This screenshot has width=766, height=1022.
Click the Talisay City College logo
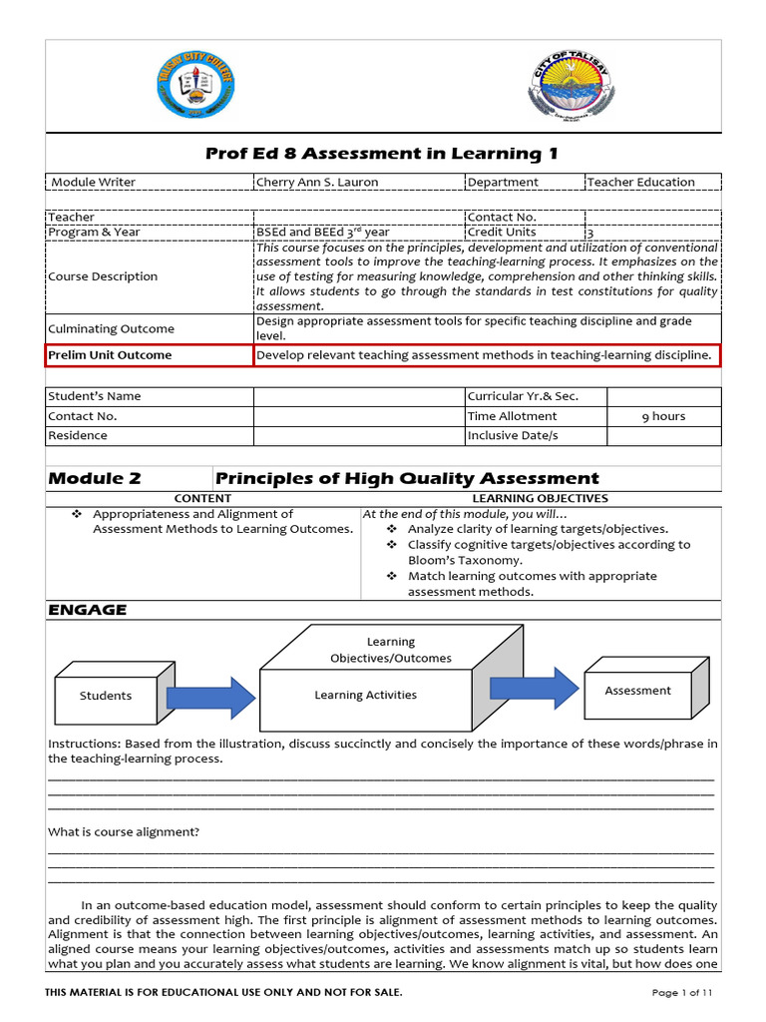point(196,86)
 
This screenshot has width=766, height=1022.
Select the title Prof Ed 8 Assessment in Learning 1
point(382,154)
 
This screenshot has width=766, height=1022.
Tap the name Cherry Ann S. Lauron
point(317,182)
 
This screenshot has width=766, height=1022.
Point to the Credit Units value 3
point(590,234)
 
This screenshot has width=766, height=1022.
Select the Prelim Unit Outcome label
point(110,355)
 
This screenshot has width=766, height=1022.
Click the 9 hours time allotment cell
point(663,416)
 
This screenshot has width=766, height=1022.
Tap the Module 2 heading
point(95,479)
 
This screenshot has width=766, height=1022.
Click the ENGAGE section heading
point(88,610)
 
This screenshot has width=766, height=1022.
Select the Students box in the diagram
point(106,696)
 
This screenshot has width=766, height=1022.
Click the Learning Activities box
point(365,696)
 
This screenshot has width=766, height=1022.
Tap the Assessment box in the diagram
point(637,691)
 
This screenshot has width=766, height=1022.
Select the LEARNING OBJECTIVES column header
point(540,498)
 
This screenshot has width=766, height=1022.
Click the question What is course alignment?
point(124,832)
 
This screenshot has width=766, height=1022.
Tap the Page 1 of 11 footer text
point(682,992)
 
